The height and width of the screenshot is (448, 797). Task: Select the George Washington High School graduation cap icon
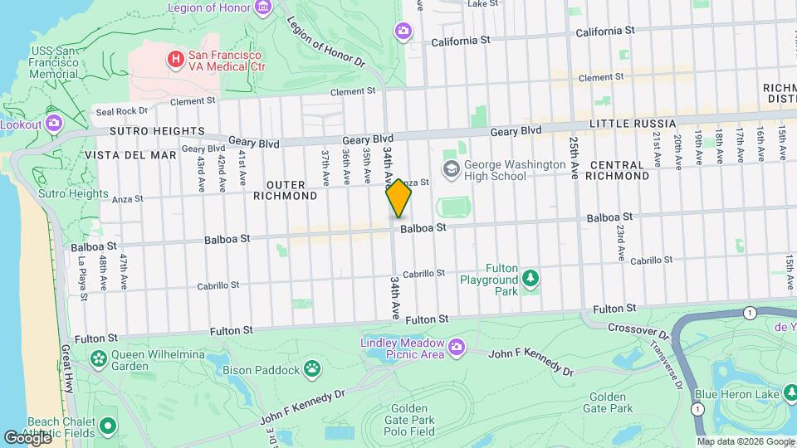point(451,170)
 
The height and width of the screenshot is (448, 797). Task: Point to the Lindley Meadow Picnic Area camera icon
point(456,346)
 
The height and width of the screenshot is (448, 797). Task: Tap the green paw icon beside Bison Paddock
point(312,368)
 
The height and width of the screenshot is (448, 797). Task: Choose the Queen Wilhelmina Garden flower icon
point(100,359)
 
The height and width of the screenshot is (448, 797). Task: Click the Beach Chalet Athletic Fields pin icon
point(107,426)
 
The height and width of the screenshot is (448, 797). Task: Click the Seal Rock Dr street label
point(121,110)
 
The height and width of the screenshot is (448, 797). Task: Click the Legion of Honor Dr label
point(326,42)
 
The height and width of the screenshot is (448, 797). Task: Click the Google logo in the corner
point(27,437)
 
